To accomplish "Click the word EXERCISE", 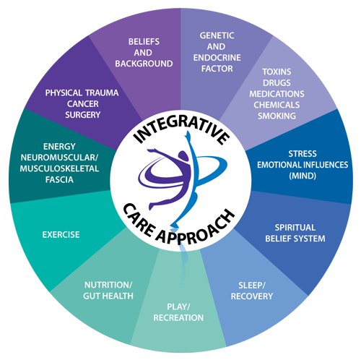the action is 61,234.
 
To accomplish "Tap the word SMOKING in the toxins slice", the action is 277,116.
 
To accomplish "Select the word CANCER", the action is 83,104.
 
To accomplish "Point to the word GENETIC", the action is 217,35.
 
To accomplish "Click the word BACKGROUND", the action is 144,64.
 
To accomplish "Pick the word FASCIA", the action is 59,179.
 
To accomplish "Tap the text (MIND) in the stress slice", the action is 303,176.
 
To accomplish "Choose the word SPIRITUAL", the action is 295,228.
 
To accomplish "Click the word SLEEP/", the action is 252,286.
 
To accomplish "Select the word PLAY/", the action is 178,307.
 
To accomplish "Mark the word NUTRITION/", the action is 108,285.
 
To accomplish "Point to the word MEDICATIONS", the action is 277,94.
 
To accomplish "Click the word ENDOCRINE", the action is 217,58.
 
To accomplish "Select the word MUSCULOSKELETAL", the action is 59,168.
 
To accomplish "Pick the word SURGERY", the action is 83,115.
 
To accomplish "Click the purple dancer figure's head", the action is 183,156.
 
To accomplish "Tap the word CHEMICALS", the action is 277,105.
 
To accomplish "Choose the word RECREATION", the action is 178,317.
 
